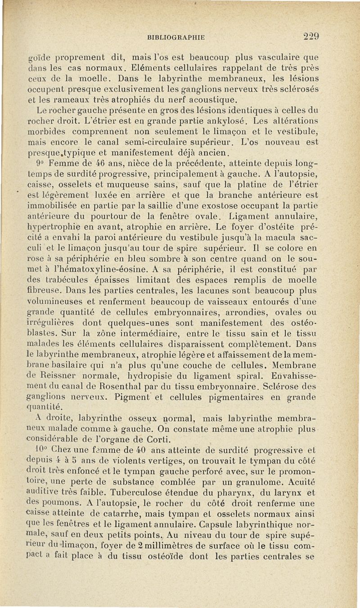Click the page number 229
coord(311,36)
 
